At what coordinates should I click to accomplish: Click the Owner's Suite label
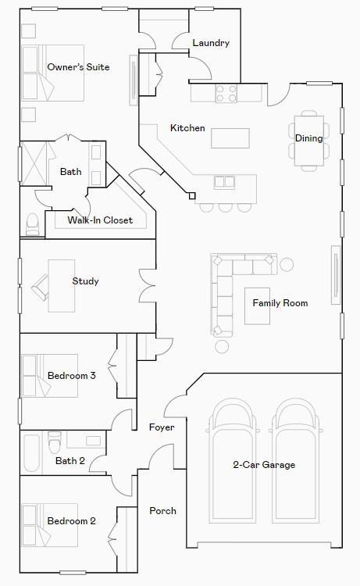(78, 67)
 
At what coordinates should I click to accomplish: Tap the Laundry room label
(210, 43)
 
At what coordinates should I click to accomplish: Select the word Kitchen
(187, 128)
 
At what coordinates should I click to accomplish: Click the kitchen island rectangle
(230, 138)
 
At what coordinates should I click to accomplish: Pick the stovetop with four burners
(226, 94)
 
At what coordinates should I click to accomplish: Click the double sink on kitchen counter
(224, 182)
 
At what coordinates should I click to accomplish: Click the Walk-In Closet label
(100, 220)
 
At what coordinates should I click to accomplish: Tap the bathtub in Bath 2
(31, 453)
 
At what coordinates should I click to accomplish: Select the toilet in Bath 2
(55, 443)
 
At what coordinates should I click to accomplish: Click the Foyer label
(162, 427)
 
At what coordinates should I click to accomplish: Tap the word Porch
(162, 511)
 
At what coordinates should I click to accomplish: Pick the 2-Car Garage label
(264, 465)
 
